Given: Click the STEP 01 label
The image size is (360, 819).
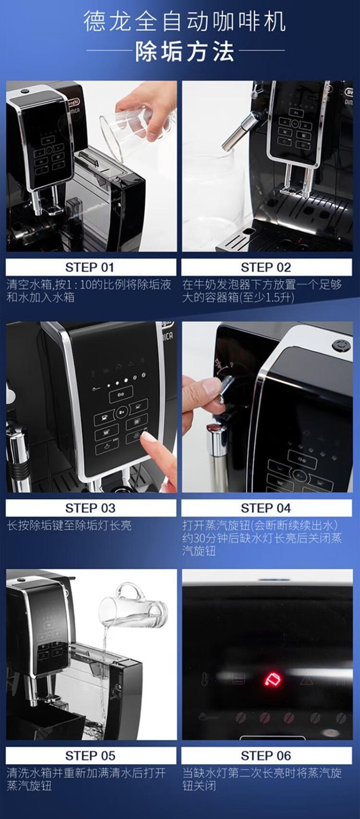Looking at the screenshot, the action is (90, 267).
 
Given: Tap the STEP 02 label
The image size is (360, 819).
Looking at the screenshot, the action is (266, 267).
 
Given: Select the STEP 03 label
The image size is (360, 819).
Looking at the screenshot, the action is (90, 508).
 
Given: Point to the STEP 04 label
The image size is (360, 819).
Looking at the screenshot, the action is (266, 508).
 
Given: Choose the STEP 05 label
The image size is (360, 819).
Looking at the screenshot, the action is (90, 755).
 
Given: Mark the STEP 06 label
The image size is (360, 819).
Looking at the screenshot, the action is (266, 755).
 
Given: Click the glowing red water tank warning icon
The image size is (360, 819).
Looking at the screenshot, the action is (273, 679).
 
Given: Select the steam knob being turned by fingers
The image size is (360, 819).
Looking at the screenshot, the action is (224, 389).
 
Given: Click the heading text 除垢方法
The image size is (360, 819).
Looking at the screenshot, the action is (185, 52).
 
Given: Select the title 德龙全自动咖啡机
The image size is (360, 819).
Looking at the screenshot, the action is (185, 21).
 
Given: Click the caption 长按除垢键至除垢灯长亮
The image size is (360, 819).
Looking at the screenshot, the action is (69, 526).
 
